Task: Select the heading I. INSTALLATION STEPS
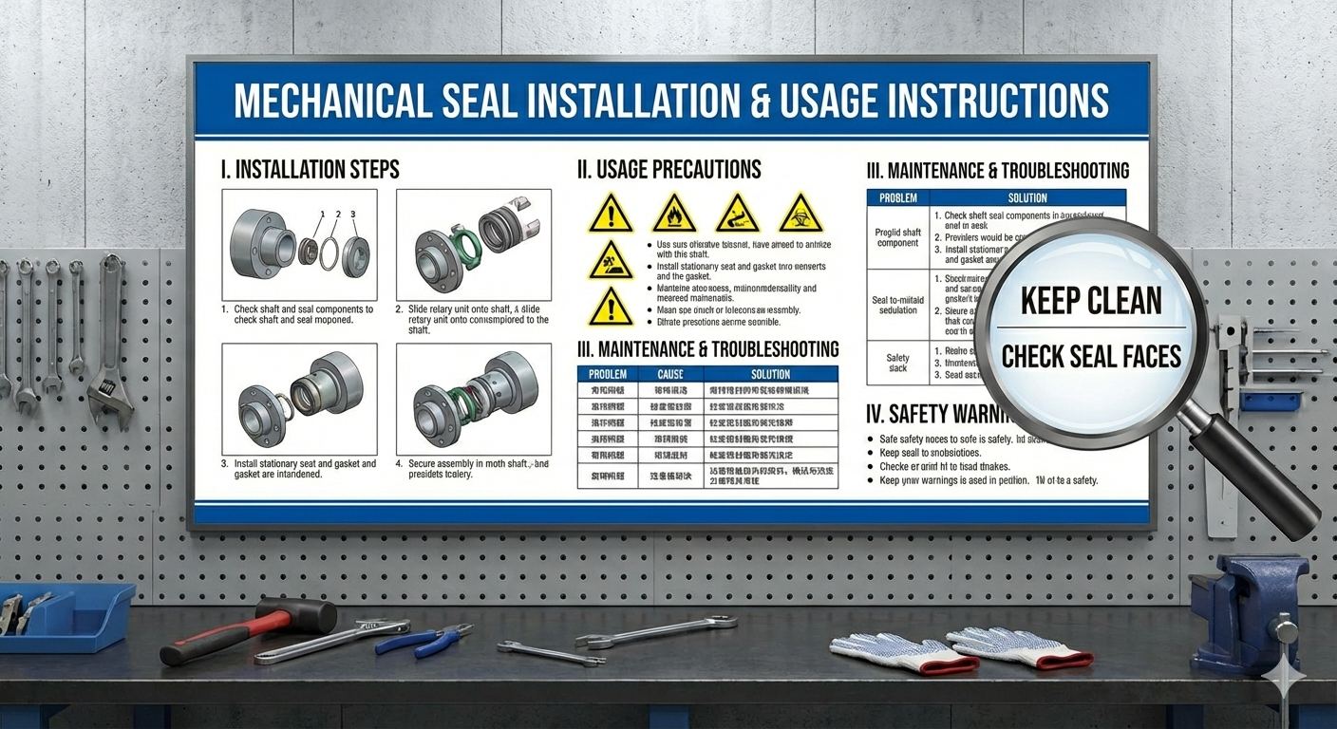[310, 170]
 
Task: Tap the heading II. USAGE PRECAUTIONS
[669, 170]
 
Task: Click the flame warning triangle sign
[674, 215]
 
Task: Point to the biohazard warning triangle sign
[800, 215]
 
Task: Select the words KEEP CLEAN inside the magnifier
[1091, 302]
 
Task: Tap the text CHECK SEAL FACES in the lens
[1091, 357]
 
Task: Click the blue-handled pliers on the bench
[423, 639]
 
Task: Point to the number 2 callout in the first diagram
[336, 215]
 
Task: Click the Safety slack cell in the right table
[897, 363]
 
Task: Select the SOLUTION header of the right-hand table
[1027, 198]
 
